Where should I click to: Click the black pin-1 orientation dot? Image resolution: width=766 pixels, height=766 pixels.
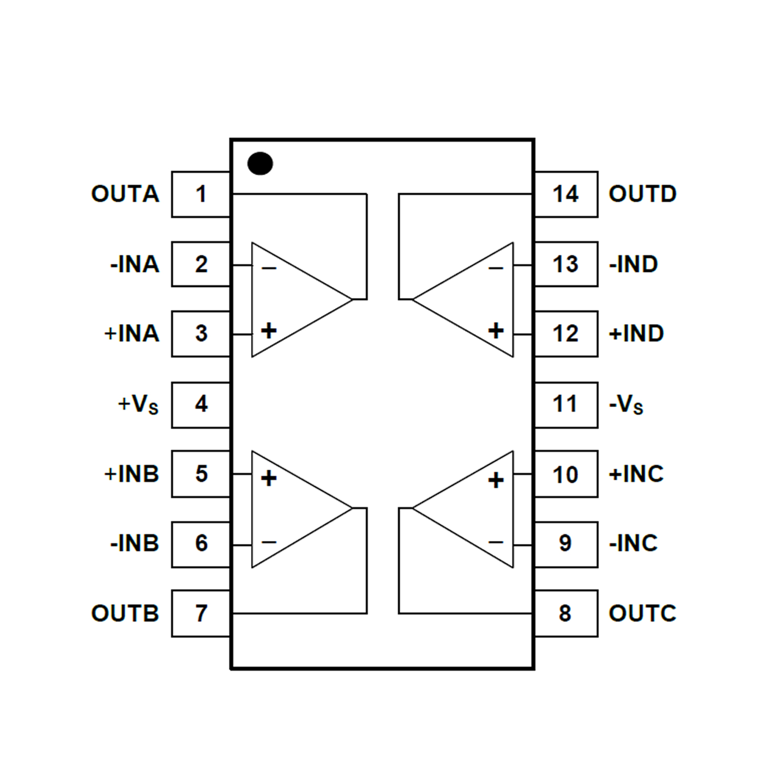coord(260,164)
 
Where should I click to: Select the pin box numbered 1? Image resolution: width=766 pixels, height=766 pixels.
coord(201,194)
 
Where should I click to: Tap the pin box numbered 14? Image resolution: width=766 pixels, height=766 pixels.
coord(566,194)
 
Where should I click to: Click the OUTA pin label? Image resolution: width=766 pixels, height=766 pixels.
coord(125,194)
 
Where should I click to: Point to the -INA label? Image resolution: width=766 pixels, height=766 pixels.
coord(134,264)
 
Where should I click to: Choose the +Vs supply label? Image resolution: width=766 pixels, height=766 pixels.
coord(138,404)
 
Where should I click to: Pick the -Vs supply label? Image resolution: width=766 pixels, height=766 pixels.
coord(626,404)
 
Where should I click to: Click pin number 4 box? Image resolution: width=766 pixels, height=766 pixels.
coord(201,404)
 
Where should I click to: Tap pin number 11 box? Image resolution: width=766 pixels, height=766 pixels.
coord(566,404)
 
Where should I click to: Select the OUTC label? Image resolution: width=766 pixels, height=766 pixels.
coord(642,613)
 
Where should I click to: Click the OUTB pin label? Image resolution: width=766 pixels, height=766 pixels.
coord(125,613)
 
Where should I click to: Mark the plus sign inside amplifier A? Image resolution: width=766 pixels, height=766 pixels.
coord(268,330)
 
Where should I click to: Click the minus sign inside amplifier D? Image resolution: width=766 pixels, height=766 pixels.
coord(496,268)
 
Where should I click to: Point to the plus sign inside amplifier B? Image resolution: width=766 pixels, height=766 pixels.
coord(268,478)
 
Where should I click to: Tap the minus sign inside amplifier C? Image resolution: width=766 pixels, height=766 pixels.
coord(496,542)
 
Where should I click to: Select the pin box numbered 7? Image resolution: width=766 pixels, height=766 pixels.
coord(201,613)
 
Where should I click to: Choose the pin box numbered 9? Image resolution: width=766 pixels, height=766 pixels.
coord(566,543)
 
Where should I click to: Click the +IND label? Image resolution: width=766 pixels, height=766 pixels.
coord(636,333)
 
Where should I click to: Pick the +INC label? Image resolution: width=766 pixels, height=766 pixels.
coord(636,474)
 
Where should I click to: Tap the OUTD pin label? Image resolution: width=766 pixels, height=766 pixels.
coord(642,194)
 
